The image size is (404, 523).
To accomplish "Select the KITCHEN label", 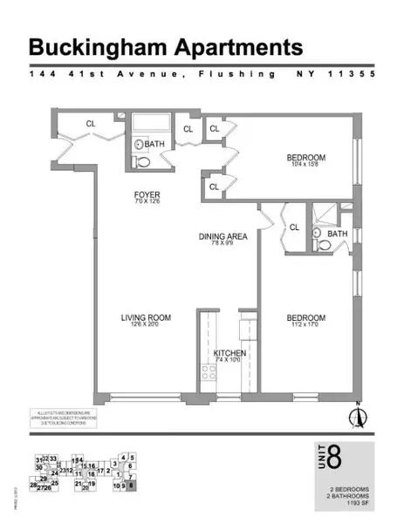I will coord(230,353).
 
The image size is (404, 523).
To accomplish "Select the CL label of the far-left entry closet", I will coord(90,124).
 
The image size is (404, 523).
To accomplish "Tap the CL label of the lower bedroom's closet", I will coord(294,228).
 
